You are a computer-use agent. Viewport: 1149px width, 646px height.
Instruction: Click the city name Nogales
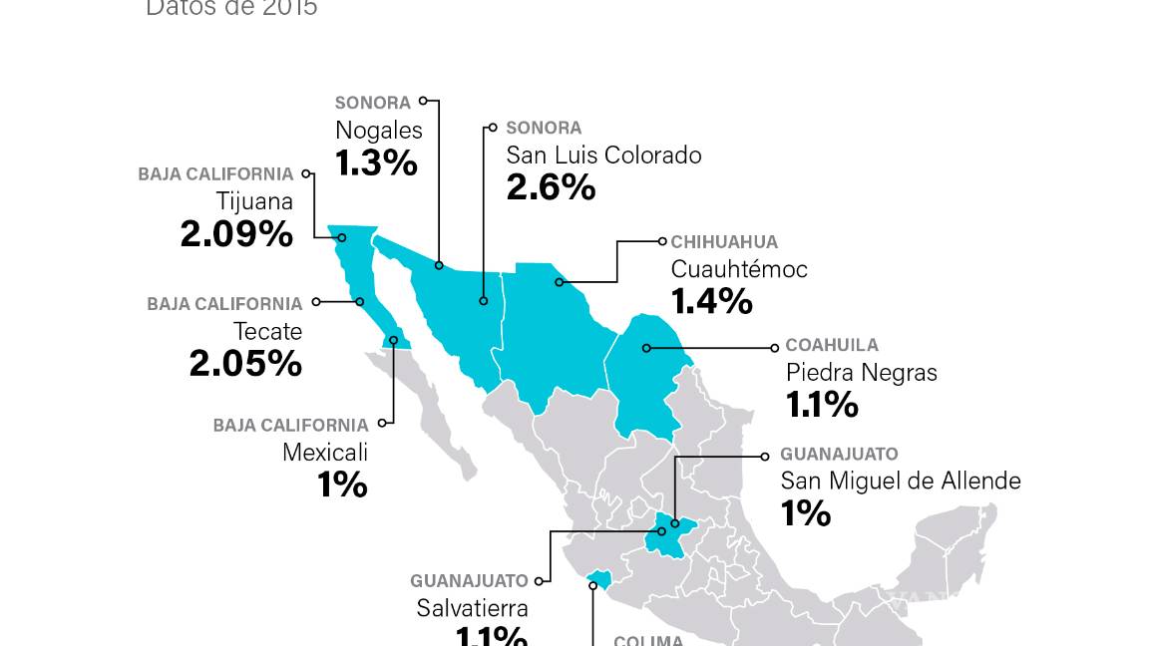(378, 131)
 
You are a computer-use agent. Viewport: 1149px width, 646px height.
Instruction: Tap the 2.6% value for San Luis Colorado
(551, 187)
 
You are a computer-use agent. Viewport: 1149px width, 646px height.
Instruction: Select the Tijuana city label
(254, 202)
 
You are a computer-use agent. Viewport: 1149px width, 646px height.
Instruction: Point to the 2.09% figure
(236, 234)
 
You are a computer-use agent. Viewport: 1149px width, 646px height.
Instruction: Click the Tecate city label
(267, 331)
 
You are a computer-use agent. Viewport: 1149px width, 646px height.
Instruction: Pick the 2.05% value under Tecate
(245, 364)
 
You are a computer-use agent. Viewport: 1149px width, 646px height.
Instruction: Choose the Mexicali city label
(325, 453)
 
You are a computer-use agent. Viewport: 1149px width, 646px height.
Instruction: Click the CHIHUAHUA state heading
(724, 242)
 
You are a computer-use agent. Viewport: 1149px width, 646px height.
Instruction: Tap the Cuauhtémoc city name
(738, 269)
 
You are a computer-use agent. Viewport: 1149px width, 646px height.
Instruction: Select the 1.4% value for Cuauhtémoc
(711, 301)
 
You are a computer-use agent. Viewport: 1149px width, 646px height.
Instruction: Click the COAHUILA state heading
(832, 346)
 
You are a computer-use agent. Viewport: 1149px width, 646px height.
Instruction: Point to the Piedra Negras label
(861, 373)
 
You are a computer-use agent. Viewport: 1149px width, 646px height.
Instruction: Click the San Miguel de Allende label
(900, 481)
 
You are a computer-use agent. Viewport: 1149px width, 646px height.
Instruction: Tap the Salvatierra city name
(472, 608)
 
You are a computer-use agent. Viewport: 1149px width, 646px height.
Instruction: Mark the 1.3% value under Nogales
(376, 162)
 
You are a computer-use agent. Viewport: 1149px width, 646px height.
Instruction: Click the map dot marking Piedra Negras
(646, 348)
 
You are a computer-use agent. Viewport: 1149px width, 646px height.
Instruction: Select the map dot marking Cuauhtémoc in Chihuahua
(559, 282)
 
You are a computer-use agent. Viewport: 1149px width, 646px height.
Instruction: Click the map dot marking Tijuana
(342, 237)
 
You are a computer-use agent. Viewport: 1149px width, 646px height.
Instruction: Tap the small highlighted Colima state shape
(599, 579)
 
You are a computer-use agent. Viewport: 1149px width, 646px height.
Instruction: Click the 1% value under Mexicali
(342, 485)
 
